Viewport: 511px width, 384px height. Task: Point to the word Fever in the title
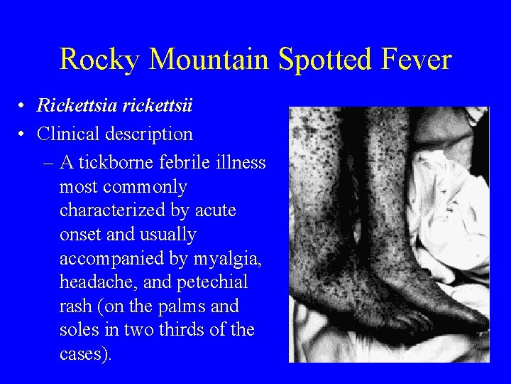[x=419, y=59]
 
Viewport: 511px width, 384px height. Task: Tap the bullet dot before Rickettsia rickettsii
[x=23, y=107]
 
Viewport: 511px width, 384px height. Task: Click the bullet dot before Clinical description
[x=23, y=134]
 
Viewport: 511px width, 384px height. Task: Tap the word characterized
[x=114, y=211]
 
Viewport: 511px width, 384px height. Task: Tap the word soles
[x=77, y=331]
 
